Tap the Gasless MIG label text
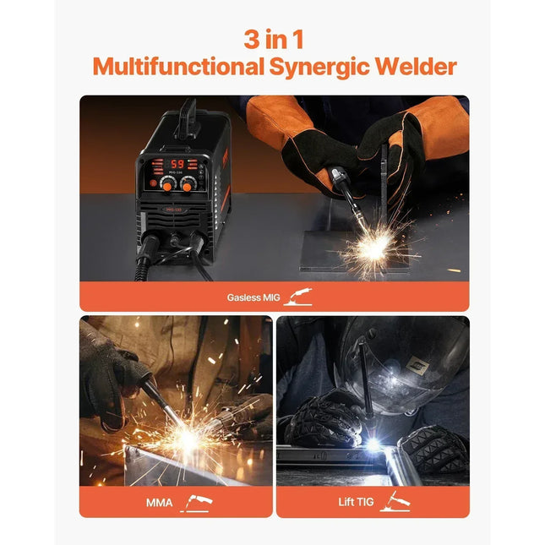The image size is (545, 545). click(x=253, y=297)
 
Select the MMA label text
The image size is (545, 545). click(x=158, y=504)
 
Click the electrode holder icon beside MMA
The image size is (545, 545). click(x=196, y=504)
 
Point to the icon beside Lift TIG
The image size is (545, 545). click(x=394, y=502)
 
